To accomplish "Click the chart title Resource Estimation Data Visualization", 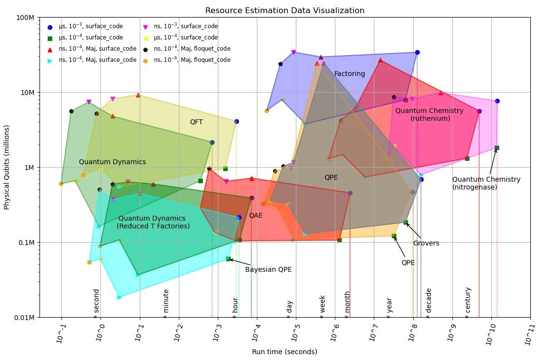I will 285,10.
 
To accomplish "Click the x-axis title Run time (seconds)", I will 284,352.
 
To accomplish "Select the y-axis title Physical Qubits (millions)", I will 7,167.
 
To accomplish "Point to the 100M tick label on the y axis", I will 25,18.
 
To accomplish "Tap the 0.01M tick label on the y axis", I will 23,318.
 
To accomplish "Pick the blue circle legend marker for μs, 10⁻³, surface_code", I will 50,27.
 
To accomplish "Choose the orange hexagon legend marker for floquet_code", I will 145,60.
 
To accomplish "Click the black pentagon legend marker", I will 145,49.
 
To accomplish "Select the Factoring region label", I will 349,74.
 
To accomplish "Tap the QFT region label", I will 196,122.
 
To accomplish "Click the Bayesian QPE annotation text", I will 269,270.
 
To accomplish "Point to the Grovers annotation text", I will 426,244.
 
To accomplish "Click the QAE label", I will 256,215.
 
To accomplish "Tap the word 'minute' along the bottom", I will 166,301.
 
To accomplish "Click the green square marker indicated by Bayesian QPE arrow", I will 228,259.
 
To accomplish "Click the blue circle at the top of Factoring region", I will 417,52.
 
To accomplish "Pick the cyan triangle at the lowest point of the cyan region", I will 119,297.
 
